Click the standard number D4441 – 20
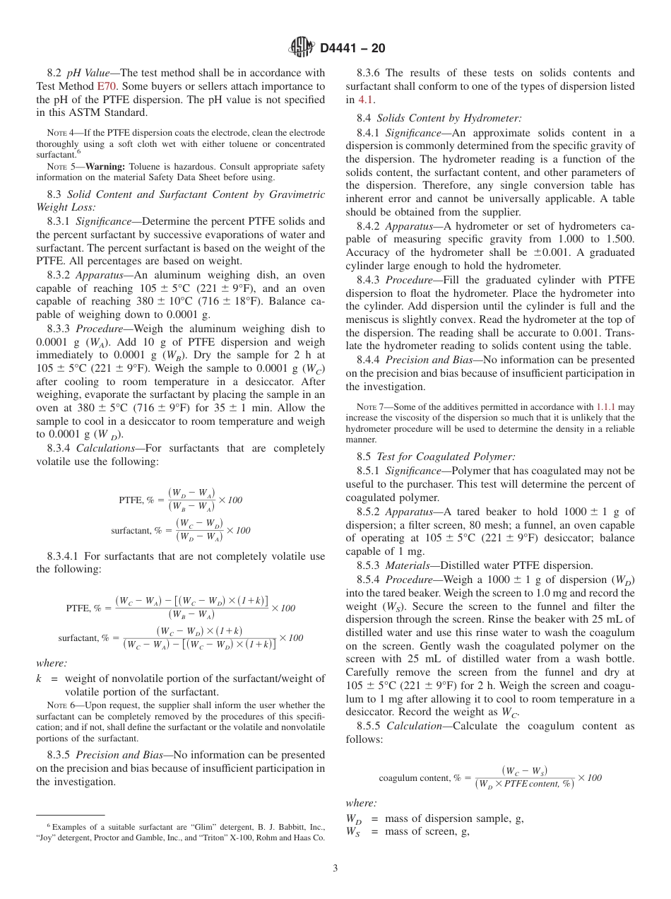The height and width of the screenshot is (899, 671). click(352, 49)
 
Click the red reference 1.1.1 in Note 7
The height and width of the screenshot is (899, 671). click(607, 407)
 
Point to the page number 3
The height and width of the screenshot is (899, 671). click(335, 869)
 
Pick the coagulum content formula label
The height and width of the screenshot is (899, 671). click(419, 778)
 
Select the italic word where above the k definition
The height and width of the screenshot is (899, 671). click(51, 663)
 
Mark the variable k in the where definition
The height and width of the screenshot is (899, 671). click(39, 679)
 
